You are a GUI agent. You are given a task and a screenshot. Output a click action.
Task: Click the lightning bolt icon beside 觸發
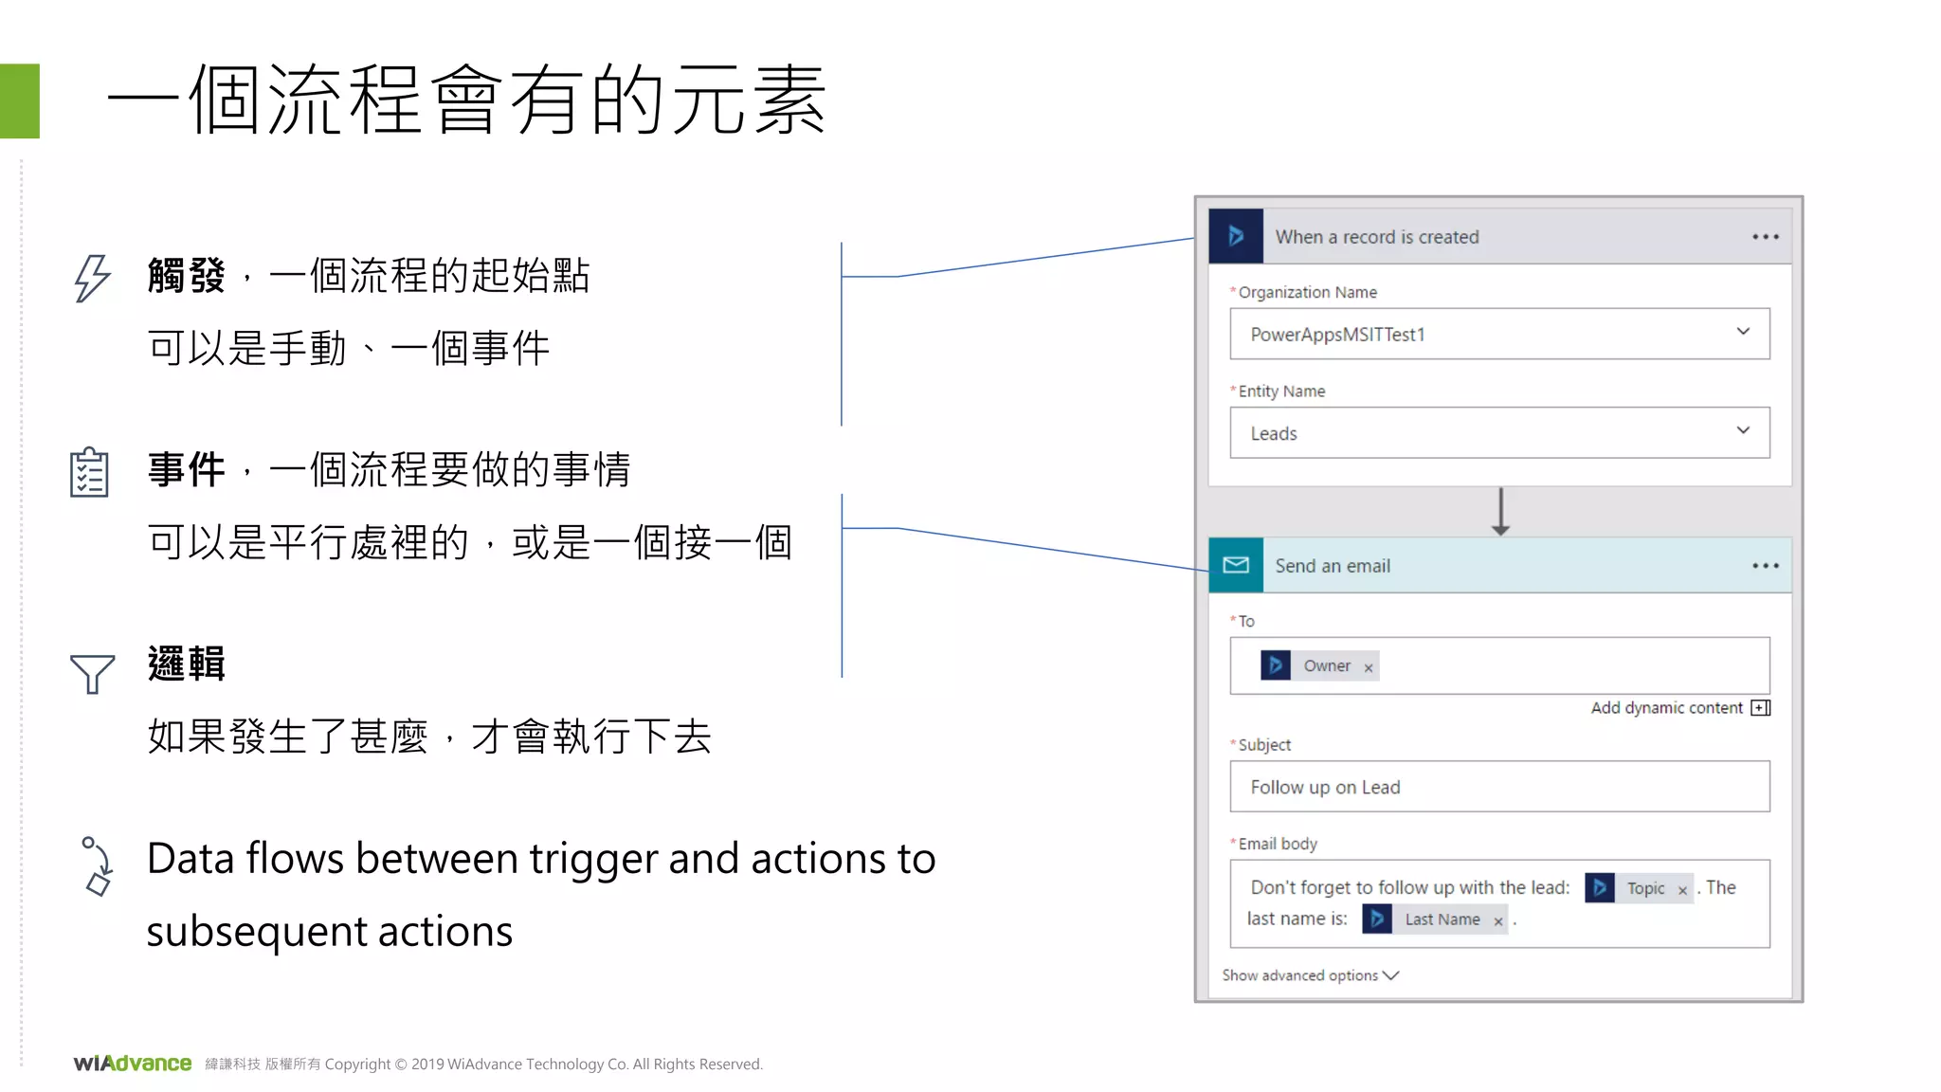(x=92, y=278)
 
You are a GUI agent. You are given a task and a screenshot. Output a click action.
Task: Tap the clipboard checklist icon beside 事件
(x=89, y=472)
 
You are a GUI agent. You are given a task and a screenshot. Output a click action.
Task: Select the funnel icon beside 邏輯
(x=92, y=673)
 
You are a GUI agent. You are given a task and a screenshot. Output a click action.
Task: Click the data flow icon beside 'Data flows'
(x=97, y=865)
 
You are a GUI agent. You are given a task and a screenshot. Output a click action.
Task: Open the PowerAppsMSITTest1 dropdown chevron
(x=1742, y=332)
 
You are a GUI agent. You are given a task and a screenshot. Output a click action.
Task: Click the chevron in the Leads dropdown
(x=1742, y=430)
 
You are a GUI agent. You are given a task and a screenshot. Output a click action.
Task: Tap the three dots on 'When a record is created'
(x=1765, y=237)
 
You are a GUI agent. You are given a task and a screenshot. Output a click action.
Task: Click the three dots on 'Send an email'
(x=1765, y=566)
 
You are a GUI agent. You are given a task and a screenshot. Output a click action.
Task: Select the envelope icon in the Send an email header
(x=1236, y=566)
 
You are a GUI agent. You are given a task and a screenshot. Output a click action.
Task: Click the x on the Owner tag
(x=1368, y=668)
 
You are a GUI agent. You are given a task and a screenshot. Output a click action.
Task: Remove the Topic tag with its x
(x=1682, y=890)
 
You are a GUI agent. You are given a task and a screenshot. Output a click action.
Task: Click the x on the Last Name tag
(x=1497, y=921)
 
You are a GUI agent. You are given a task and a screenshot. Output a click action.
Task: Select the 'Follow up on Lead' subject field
(x=1498, y=787)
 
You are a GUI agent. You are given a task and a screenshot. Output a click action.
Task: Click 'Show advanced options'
(x=1309, y=975)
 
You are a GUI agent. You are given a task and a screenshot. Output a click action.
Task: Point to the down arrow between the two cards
(x=1500, y=513)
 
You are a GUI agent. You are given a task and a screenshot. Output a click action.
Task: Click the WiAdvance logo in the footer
(x=133, y=1064)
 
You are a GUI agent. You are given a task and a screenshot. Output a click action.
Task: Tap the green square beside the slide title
(x=20, y=101)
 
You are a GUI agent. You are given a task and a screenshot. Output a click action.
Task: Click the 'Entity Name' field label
(x=1280, y=391)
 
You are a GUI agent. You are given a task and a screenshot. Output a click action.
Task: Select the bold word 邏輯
(x=187, y=664)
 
